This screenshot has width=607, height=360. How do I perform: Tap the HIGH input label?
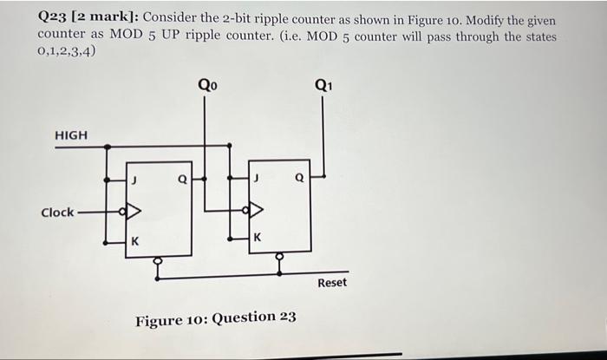coord(71,135)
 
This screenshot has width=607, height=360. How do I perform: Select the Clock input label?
coord(57,213)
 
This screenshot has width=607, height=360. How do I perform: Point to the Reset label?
coord(332,283)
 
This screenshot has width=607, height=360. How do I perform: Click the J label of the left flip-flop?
coord(134,180)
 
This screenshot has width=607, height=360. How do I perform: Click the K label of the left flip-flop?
coord(135,242)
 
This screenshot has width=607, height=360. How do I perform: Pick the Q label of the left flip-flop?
coord(181,180)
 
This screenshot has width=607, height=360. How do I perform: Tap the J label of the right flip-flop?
coord(257,179)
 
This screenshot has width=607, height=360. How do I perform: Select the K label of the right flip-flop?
coord(257,238)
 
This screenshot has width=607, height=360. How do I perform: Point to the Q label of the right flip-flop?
coord(299,179)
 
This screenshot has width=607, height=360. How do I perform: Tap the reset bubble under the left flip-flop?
coord(157,259)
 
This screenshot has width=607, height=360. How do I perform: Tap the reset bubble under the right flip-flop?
coord(279,257)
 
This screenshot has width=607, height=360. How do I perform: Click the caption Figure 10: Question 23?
coord(215,318)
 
